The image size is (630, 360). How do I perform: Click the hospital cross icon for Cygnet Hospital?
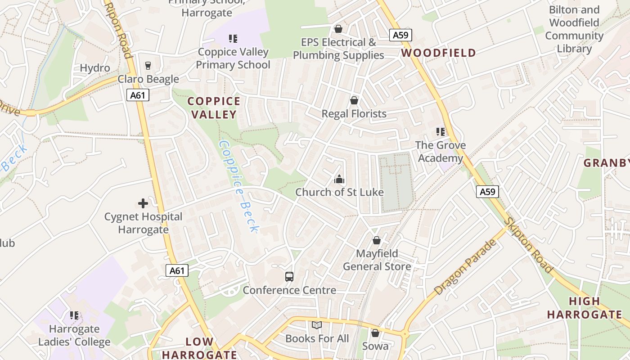coord(143,203)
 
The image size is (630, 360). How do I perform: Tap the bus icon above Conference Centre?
coord(289,276)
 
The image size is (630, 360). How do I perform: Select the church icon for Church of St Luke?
coord(339,180)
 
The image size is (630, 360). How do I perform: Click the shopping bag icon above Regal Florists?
coord(354,100)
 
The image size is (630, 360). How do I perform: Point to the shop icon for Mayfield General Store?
coord(377,240)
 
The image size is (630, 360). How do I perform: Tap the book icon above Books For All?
coord(317,325)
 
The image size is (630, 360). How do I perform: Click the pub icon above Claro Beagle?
coord(148,66)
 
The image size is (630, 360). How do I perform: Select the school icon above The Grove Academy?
coord(440,132)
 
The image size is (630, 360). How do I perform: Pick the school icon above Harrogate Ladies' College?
coord(74,315)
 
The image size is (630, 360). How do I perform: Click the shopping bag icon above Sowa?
coord(375,333)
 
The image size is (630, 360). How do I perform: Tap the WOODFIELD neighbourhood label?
coord(438,53)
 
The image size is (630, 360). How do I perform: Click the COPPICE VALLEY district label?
coord(214,108)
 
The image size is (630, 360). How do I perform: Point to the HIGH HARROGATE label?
coord(584,308)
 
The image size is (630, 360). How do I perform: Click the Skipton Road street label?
coord(529,245)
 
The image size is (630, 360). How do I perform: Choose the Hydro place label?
coord(95,68)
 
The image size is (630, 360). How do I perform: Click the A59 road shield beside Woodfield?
coord(400,36)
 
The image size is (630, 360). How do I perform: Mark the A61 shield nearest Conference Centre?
coord(177,270)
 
